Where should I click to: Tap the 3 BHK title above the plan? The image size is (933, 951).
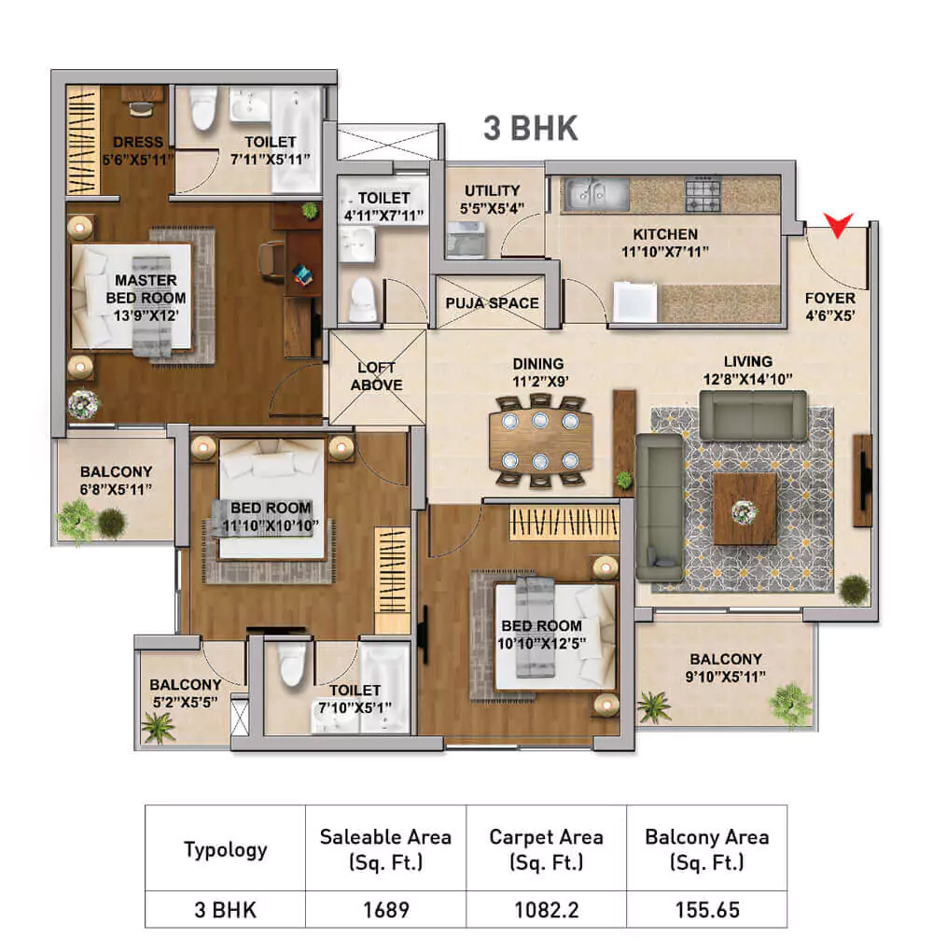pyautogui.click(x=530, y=129)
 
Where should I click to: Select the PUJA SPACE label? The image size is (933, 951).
pyautogui.click(x=492, y=302)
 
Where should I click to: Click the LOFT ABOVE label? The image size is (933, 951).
pyautogui.click(x=377, y=376)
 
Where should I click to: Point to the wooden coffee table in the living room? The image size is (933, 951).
pyautogui.click(x=745, y=509)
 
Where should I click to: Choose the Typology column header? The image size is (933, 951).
pyautogui.click(x=225, y=848)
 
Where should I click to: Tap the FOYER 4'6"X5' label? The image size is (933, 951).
pyautogui.click(x=829, y=306)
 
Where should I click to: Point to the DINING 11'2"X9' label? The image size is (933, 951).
pyautogui.click(x=537, y=371)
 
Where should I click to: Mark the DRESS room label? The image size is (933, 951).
pyautogui.click(x=138, y=149)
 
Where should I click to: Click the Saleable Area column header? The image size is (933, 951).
pyautogui.click(x=384, y=848)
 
